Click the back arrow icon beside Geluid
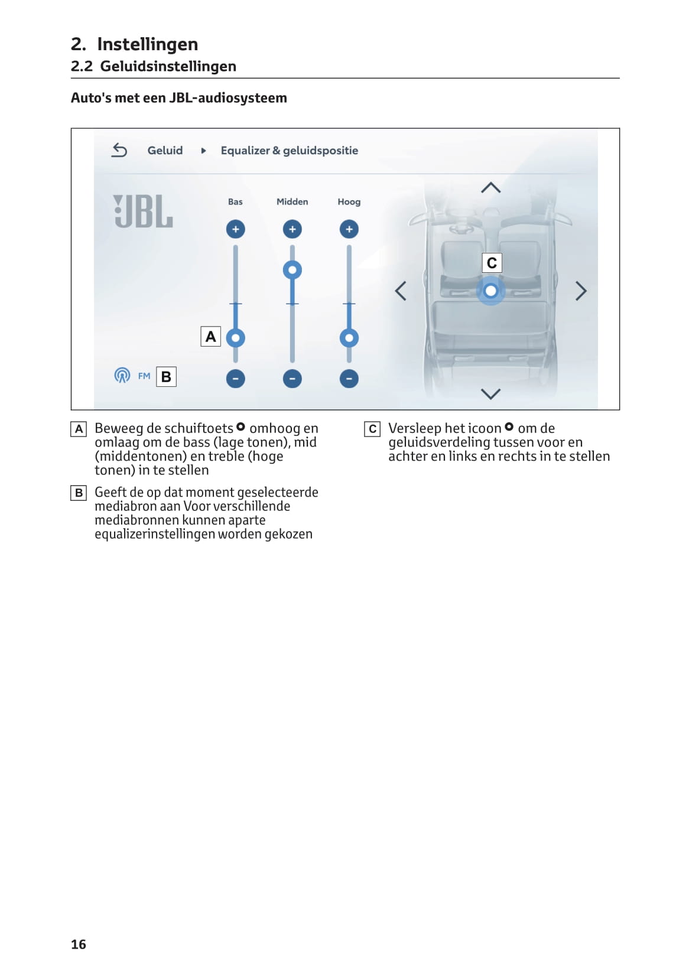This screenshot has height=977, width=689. point(119,151)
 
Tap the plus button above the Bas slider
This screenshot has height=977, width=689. point(235,229)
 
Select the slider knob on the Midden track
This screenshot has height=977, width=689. point(292,270)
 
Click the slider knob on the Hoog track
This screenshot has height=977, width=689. point(349,338)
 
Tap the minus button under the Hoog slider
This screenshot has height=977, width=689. point(349,379)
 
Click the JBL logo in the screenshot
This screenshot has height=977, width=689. point(143,211)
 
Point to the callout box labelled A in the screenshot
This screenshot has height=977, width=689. point(211,337)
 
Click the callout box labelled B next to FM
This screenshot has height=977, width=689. point(166,377)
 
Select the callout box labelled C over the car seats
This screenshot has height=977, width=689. point(492,263)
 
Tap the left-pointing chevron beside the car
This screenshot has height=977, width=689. point(401,291)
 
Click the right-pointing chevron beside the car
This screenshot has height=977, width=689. point(581,291)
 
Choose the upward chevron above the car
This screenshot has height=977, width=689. point(490,188)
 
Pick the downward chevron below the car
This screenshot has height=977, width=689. point(490,393)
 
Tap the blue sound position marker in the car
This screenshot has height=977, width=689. point(490,291)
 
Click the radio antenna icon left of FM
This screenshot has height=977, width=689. point(122,375)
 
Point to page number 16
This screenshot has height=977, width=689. point(79,945)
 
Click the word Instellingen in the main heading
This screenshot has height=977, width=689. point(147,44)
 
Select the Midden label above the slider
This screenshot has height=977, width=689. point(292,202)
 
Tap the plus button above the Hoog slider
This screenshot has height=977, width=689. point(349,229)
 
